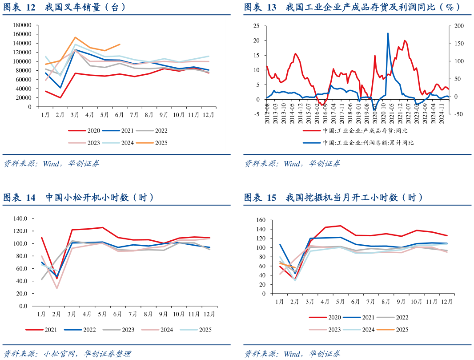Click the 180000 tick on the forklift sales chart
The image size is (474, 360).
[x=22, y=25]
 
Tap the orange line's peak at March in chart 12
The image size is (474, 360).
[x=75, y=37]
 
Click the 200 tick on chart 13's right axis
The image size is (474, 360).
[x=458, y=26]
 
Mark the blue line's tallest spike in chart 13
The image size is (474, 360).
[x=388, y=33]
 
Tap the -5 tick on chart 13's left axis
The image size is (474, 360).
[x=257, y=114]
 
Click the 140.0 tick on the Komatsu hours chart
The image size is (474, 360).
[x=21, y=218]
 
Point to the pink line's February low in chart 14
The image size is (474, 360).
[x=57, y=288]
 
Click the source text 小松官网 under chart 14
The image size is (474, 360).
[x=57, y=354]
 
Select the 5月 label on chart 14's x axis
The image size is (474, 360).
[x=102, y=314]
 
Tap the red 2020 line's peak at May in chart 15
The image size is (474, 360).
[x=340, y=226]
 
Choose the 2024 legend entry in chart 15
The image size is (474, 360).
[x=366, y=330]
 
